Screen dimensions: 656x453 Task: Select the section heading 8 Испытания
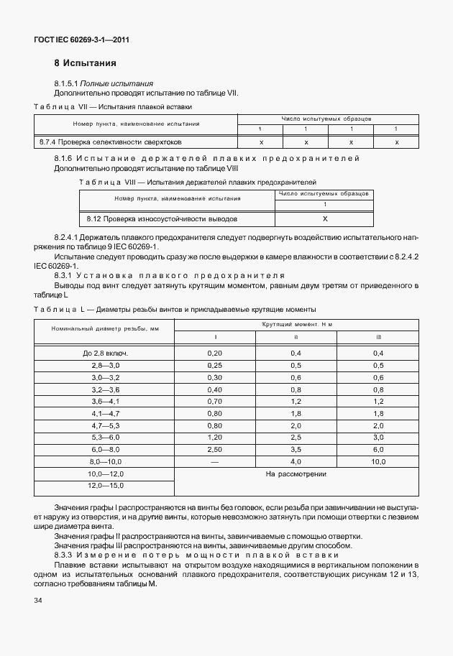85,63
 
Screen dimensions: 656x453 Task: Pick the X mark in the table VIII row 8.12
324,218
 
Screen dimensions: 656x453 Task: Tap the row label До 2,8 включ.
105,353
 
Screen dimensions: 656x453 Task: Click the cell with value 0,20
214,353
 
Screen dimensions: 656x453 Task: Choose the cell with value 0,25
214,365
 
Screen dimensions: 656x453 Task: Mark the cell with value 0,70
214,400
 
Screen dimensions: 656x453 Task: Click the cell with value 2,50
214,448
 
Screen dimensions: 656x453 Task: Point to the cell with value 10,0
378,460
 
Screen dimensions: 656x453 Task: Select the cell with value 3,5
296,448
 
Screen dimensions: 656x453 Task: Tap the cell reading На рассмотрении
296,474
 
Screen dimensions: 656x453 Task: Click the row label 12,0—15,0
105,486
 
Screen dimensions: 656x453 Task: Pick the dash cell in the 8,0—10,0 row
214,460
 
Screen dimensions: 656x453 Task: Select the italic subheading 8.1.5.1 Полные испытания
104,83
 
